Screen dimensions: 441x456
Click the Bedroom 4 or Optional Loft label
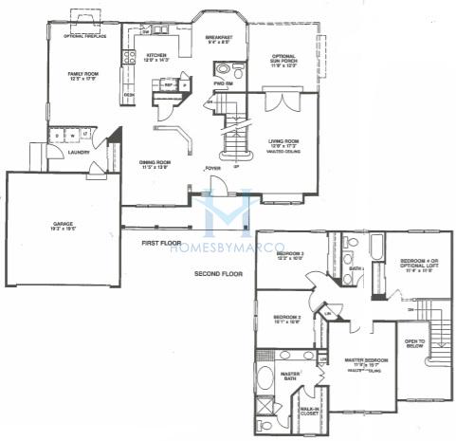[419, 265]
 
